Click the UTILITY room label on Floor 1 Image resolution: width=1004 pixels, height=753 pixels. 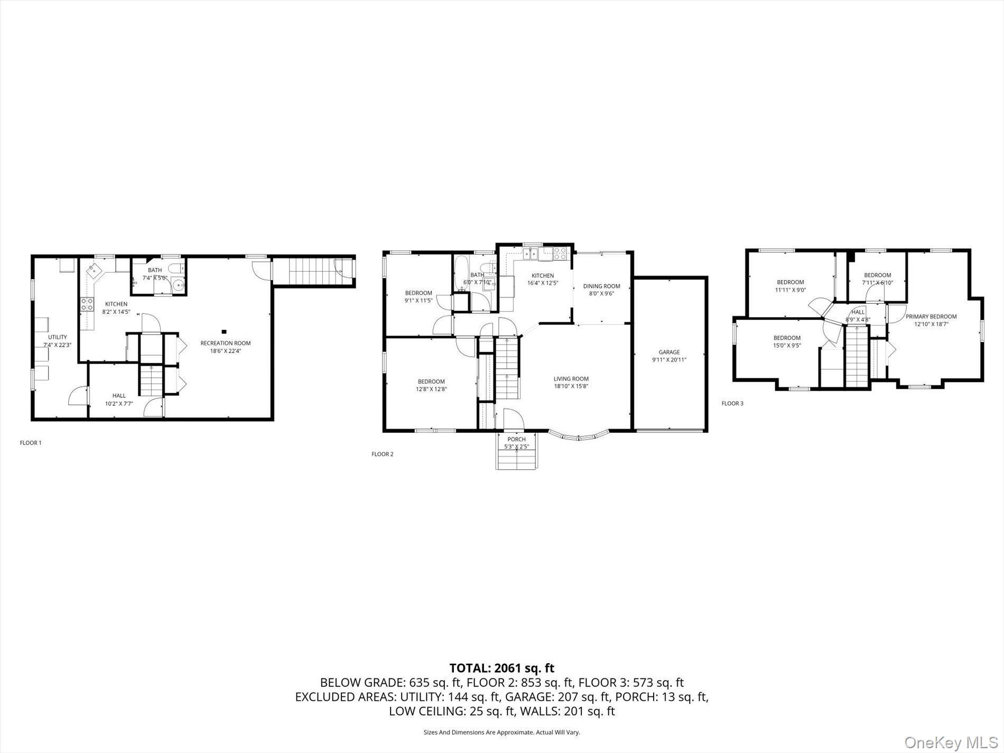(58, 337)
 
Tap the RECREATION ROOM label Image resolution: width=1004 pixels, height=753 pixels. (226, 343)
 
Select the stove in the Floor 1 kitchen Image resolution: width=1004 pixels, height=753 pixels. (87, 304)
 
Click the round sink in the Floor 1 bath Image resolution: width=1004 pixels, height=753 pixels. (179, 286)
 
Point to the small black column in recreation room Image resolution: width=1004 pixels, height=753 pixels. (224, 332)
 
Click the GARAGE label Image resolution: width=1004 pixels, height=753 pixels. (669, 352)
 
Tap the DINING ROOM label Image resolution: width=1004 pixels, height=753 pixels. (601, 286)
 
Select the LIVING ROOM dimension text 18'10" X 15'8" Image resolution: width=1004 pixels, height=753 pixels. (571, 386)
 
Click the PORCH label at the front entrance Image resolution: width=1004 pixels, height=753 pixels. (516, 439)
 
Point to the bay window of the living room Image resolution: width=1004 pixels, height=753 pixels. (579, 436)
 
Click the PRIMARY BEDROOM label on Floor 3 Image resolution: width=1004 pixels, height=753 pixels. (931, 317)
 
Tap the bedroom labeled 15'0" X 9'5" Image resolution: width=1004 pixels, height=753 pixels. (787, 341)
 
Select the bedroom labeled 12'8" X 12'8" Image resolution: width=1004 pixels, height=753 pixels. (431, 385)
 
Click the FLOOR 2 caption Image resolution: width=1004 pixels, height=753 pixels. (383, 454)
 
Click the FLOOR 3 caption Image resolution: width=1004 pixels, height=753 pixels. (732, 403)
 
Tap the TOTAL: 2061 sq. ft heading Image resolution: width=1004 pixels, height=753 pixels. (501, 668)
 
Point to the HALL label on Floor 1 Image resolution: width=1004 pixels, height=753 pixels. (119, 395)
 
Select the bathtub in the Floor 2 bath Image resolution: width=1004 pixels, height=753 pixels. (460, 274)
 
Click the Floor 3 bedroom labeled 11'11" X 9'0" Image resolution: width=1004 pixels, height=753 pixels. (790, 285)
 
